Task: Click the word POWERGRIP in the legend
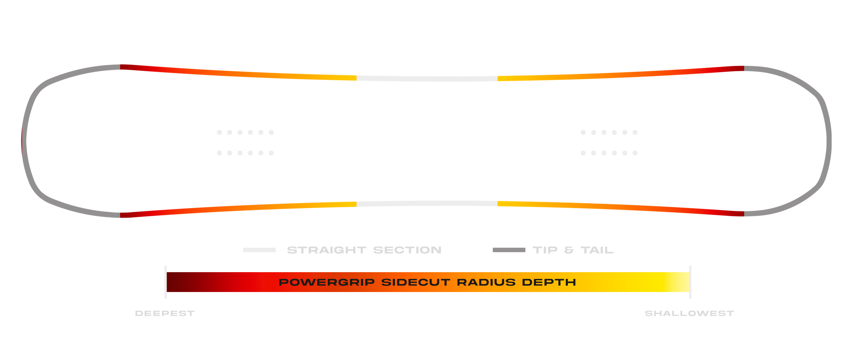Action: click(326, 282)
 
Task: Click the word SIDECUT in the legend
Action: click(416, 282)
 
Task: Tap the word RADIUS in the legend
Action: click(486, 282)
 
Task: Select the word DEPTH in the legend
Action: click(549, 282)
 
